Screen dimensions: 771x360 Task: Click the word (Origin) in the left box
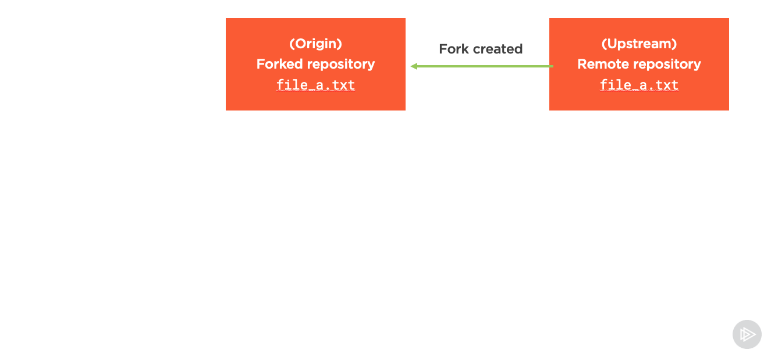click(x=315, y=44)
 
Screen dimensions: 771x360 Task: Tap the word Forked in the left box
click(x=279, y=63)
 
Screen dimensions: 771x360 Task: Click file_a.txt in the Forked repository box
click(x=315, y=85)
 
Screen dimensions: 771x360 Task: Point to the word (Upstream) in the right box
click(x=639, y=44)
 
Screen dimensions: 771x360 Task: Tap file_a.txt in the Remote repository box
click(x=639, y=85)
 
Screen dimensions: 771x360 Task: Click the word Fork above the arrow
click(x=454, y=49)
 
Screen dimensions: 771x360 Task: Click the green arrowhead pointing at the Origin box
click(x=414, y=66)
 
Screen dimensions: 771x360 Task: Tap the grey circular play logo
click(x=747, y=334)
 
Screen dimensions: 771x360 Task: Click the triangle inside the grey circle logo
click(x=748, y=334)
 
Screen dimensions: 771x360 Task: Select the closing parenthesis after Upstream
click(x=674, y=44)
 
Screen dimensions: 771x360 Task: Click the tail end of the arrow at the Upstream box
click(x=553, y=66)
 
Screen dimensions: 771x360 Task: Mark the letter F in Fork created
click(x=443, y=49)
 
